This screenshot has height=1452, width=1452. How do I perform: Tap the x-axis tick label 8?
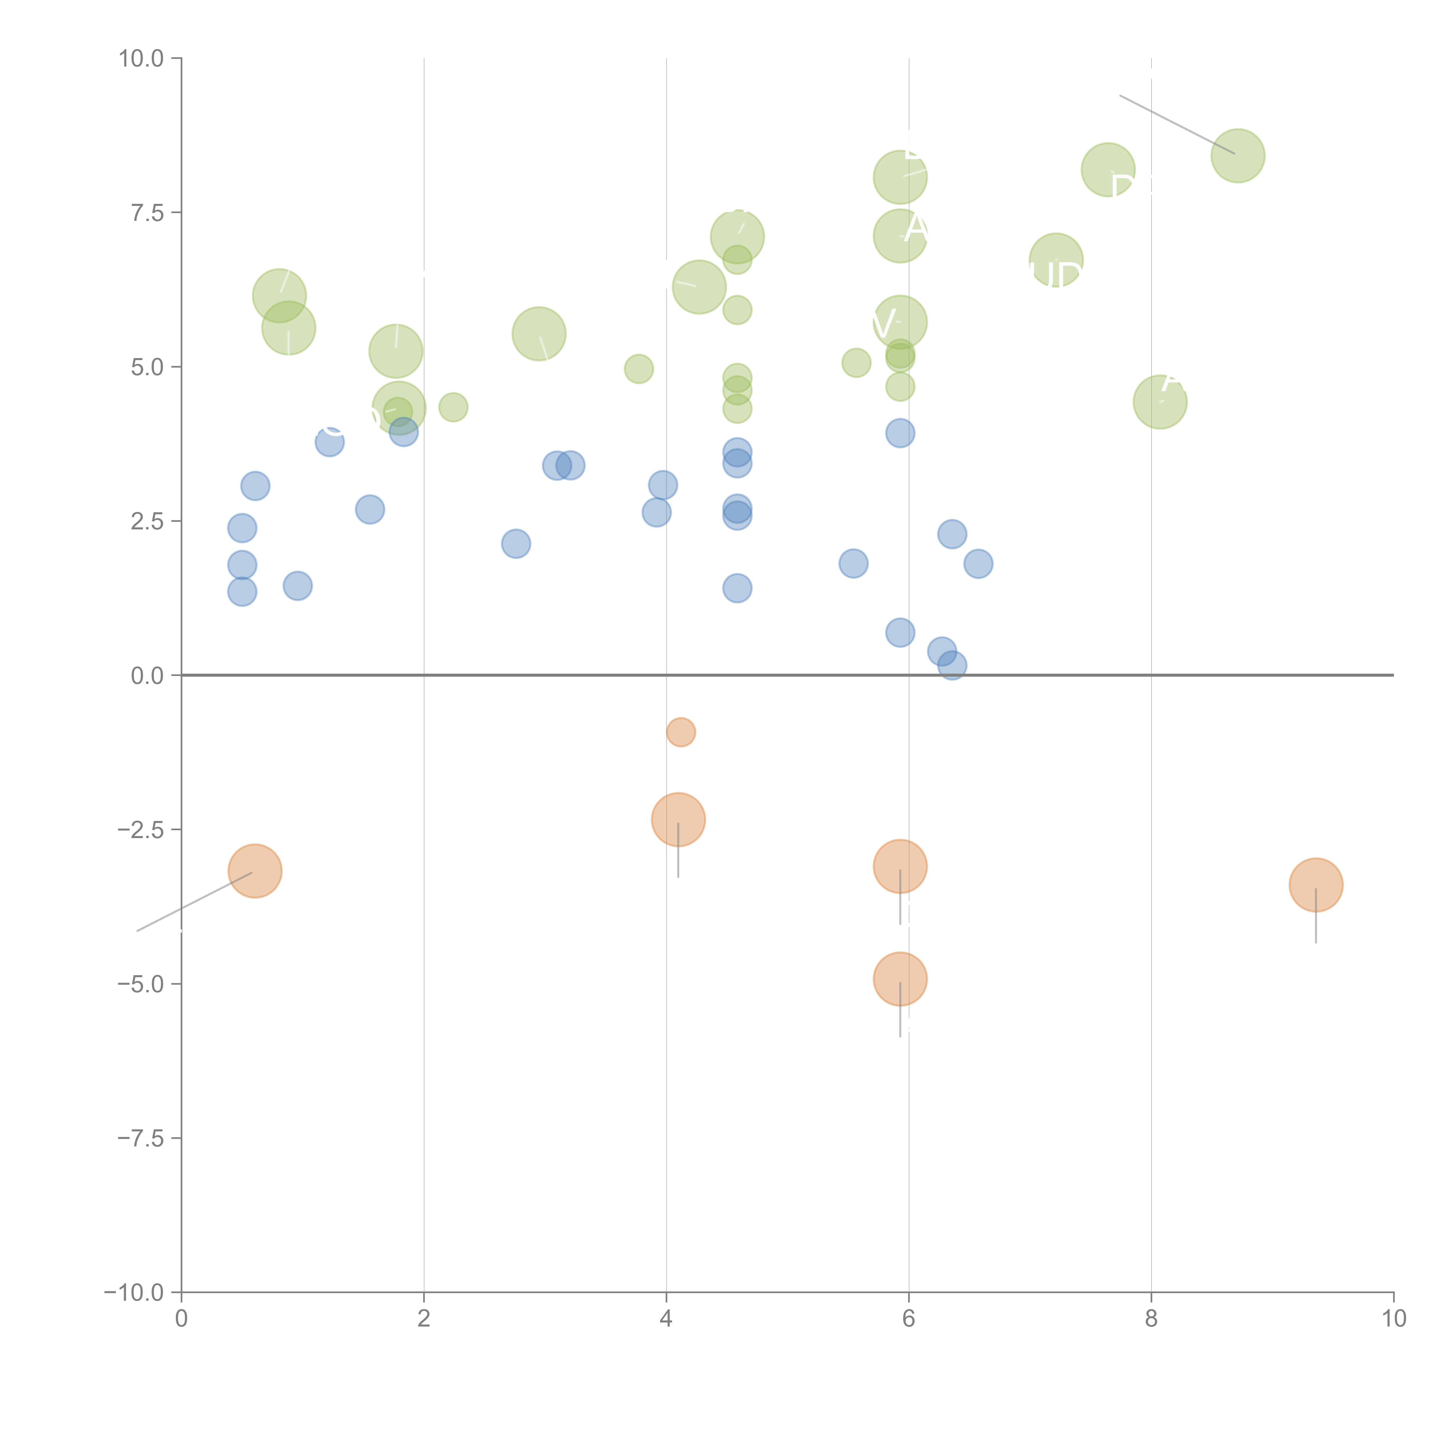(x=1151, y=1318)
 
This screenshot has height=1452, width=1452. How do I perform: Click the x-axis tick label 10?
(x=1393, y=1318)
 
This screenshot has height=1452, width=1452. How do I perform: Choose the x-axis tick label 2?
(x=424, y=1318)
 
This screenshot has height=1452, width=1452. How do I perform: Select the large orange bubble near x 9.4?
(x=1315, y=885)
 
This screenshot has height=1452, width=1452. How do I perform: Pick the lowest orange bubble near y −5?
(x=900, y=979)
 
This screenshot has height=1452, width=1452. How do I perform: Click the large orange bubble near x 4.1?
(x=678, y=819)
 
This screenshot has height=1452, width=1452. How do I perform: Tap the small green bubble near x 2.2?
(x=452, y=407)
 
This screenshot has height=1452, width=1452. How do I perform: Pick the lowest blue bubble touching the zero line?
(x=951, y=665)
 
